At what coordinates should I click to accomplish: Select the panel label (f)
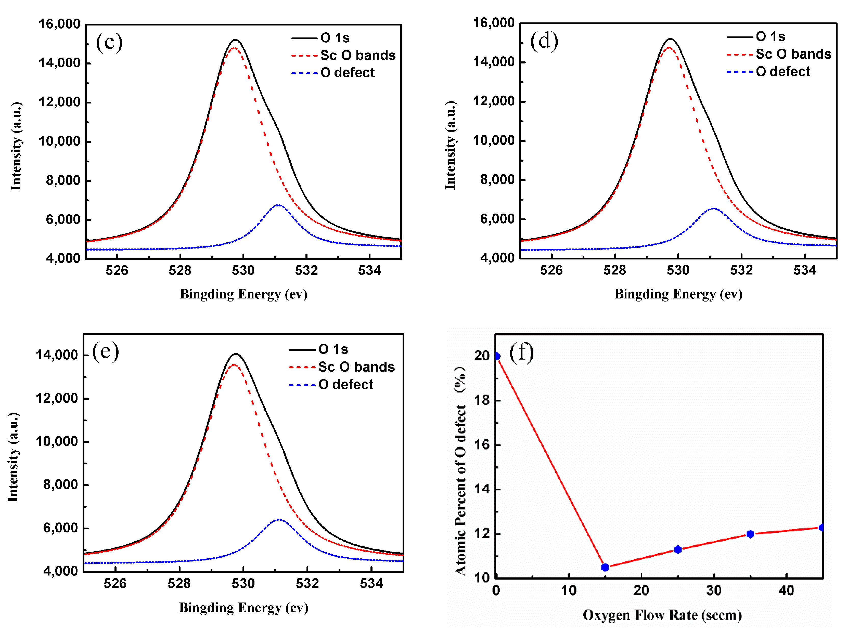[x=521, y=352]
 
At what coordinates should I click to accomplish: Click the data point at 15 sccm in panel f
[x=605, y=567]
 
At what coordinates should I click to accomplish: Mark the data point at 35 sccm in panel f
[x=750, y=534]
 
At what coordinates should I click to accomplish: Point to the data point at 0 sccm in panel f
[x=497, y=356]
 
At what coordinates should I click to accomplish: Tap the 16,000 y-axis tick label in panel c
[x=59, y=24]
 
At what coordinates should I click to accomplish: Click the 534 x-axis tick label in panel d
[x=804, y=270]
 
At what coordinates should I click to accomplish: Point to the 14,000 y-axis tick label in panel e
[x=57, y=355]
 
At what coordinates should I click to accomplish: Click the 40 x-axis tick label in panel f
[x=786, y=590]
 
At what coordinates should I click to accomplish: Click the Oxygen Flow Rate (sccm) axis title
[x=662, y=615]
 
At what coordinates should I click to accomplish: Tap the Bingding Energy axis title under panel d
[x=678, y=294]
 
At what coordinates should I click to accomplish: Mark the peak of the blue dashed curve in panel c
[x=278, y=205]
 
